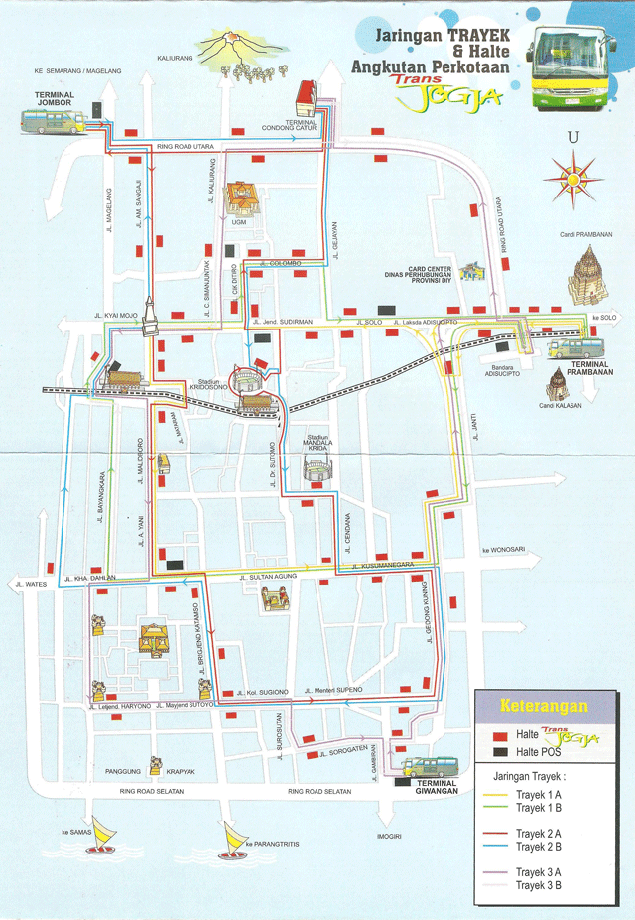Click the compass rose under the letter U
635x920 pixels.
pos(572,180)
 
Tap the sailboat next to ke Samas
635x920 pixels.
pos(102,841)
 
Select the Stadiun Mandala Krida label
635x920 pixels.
pos(317,444)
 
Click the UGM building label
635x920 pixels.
pos(238,222)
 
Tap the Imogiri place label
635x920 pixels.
pos(389,836)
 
